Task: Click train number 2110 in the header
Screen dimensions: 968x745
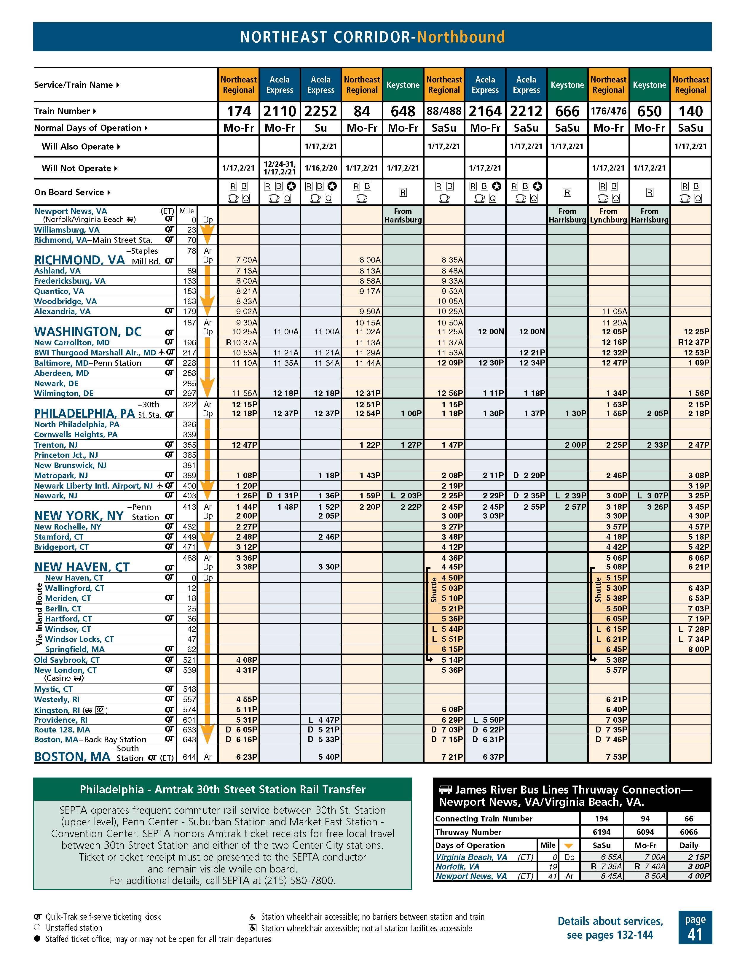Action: point(280,111)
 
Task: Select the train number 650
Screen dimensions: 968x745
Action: point(649,111)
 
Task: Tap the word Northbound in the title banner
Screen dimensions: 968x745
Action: point(461,37)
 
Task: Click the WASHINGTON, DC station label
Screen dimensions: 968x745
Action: point(88,332)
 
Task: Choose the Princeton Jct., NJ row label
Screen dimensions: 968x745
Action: point(66,455)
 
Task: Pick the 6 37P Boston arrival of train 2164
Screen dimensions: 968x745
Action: point(493,757)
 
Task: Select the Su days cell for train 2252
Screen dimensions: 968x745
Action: point(321,128)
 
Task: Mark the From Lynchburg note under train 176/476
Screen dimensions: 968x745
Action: point(608,215)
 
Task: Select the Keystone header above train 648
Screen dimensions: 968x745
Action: point(403,85)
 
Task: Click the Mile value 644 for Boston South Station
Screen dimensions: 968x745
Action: point(189,757)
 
